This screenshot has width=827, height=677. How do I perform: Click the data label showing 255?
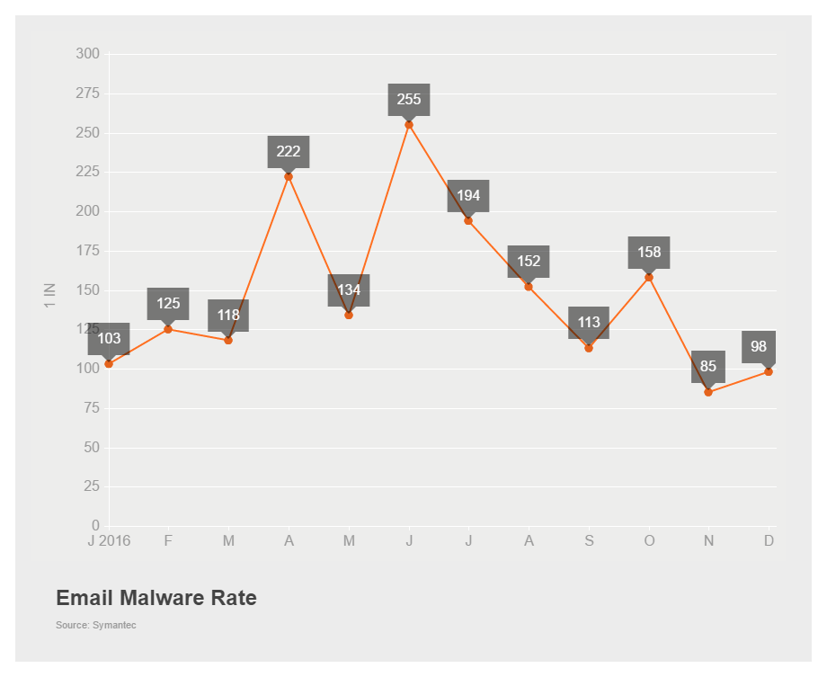click(x=409, y=99)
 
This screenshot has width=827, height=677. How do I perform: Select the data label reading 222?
click(x=289, y=151)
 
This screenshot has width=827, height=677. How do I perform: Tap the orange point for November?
click(x=708, y=392)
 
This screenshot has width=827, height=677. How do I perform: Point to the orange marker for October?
click(x=649, y=277)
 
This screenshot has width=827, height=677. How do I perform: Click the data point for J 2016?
click(x=109, y=364)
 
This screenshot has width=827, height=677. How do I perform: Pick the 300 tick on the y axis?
click(x=88, y=54)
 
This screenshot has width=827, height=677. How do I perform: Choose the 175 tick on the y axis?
click(x=88, y=251)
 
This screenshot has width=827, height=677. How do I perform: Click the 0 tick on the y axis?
click(x=95, y=526)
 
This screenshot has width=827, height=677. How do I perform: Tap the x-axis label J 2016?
click(x=109, y=541)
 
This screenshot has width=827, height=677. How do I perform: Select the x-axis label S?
click(x=589, y=541)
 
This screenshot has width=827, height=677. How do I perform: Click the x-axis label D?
click(x=769, y=541)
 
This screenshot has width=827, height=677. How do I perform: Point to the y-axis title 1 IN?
click(x=50, y=295)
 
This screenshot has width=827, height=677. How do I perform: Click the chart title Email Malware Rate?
click(x=156, y=598)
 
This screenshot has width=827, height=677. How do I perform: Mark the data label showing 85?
click(x=708, y=366)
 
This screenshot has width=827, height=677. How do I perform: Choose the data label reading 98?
click(x=759, y=346)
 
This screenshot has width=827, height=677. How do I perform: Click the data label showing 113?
click(x=589, y=322)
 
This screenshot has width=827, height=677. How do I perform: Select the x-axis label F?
click(x=168, y=541)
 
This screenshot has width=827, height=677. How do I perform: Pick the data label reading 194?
click(x=468, y=195)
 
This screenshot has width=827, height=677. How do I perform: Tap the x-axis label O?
click(x=649, y=541)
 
